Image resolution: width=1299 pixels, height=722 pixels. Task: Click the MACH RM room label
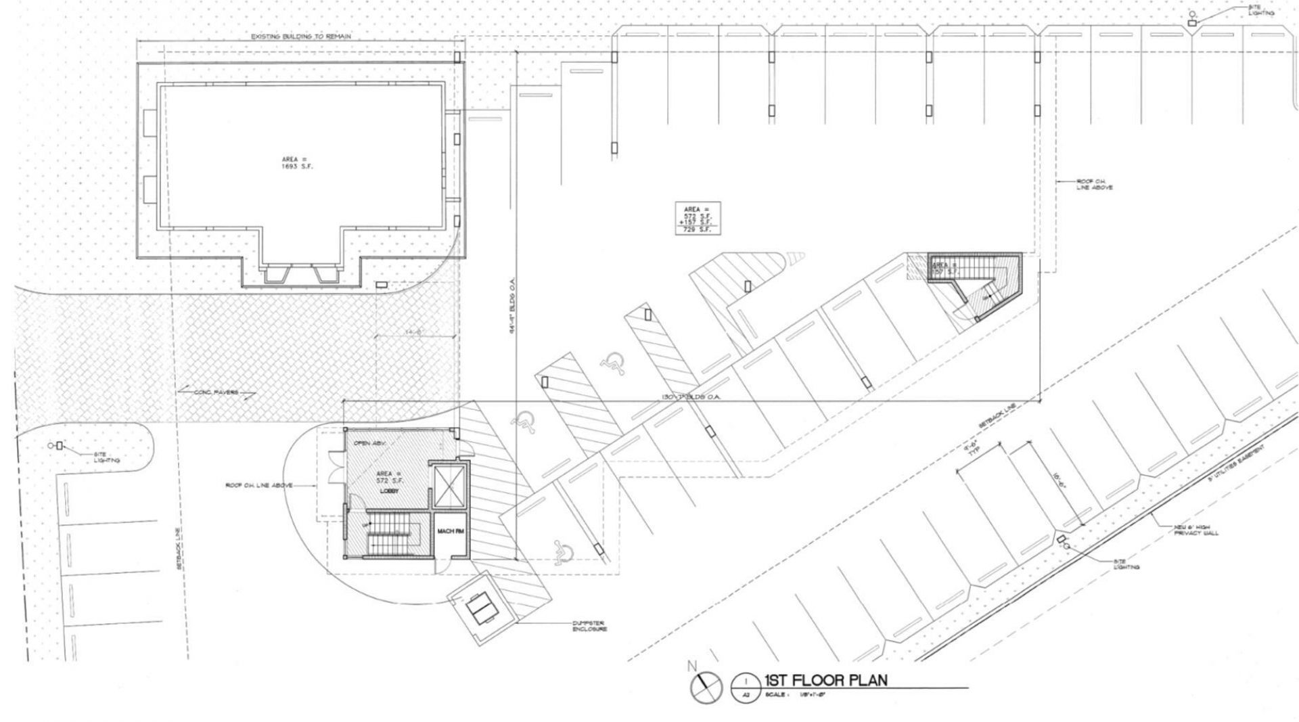(450, 531)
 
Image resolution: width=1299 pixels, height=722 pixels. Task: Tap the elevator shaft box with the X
(449, 485)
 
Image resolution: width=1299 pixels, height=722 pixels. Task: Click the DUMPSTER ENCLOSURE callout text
(589, 626)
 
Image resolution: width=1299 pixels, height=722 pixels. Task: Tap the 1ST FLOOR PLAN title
(825, 680)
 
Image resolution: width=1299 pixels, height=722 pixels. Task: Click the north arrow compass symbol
(706, 687)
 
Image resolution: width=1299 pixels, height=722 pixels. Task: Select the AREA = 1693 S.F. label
(297, 162)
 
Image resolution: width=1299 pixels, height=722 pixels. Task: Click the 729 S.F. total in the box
(697, 230)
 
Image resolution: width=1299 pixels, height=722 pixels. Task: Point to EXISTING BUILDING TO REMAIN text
(301, 37)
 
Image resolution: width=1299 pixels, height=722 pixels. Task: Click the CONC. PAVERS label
(216, 392)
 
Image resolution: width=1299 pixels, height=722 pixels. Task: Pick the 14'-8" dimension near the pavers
(413, 332)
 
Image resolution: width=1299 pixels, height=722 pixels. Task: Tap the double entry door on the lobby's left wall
(334, 467)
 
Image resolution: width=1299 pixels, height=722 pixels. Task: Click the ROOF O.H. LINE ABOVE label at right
(1093, 184)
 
